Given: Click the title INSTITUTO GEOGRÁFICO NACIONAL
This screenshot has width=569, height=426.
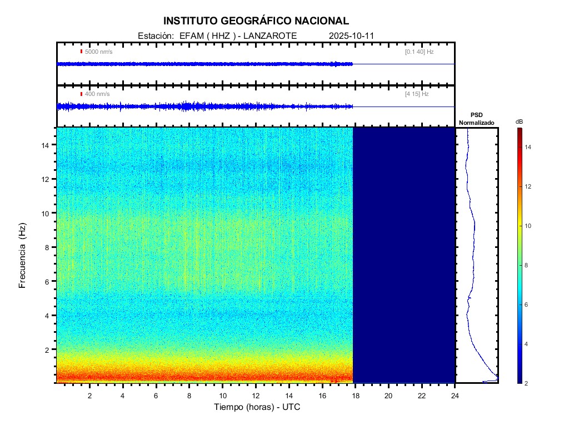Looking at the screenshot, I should pyautogui.click(x=256, y=21).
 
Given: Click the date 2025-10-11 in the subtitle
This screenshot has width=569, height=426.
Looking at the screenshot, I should pyautogui.click(x=352, y=35).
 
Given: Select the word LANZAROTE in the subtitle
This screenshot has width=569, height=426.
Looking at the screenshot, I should pyautogui.click(x=272, y=35).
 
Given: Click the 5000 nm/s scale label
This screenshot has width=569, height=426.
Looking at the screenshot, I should pyautogui.click(x=98, y=52).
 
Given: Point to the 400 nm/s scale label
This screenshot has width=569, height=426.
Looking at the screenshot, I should pyautogui.click(x=97, y=94).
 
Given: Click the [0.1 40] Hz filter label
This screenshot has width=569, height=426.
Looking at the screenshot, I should pyautogui.click(x=419, y=52).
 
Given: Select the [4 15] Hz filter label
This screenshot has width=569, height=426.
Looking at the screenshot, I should pyautogui.click(x=417, y=94).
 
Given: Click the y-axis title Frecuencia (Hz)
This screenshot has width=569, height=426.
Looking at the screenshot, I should pyautogui.click(x=23, y=255).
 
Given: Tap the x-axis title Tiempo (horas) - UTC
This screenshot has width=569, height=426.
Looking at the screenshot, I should pyautogui.click(x=257, y=407).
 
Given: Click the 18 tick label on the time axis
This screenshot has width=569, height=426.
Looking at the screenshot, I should pyautogui.click(x=356, y=395).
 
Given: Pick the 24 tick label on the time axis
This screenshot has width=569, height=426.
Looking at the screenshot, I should pyautogui.click(x=455, y=395).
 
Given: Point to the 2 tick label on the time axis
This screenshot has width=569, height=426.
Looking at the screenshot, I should pyautogui.click(x=89, y=395).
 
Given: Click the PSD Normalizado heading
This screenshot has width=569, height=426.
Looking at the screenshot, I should pyautogui.click(x=476, y=119).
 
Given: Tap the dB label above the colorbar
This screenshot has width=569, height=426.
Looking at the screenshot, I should pyautogui.click(x=519, y=121).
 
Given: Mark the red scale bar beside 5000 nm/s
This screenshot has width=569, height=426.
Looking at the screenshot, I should pyautogui.click(x=81, y=52).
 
